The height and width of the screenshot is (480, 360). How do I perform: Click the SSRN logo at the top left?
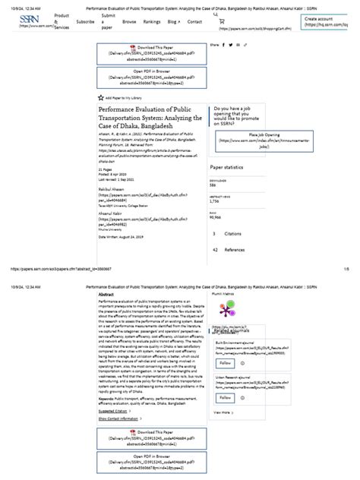point(30,21)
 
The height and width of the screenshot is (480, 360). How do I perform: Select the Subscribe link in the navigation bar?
point(84,22)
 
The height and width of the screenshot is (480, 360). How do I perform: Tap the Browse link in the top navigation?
point(129,22)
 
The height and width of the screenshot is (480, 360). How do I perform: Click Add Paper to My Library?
point(125,98)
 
